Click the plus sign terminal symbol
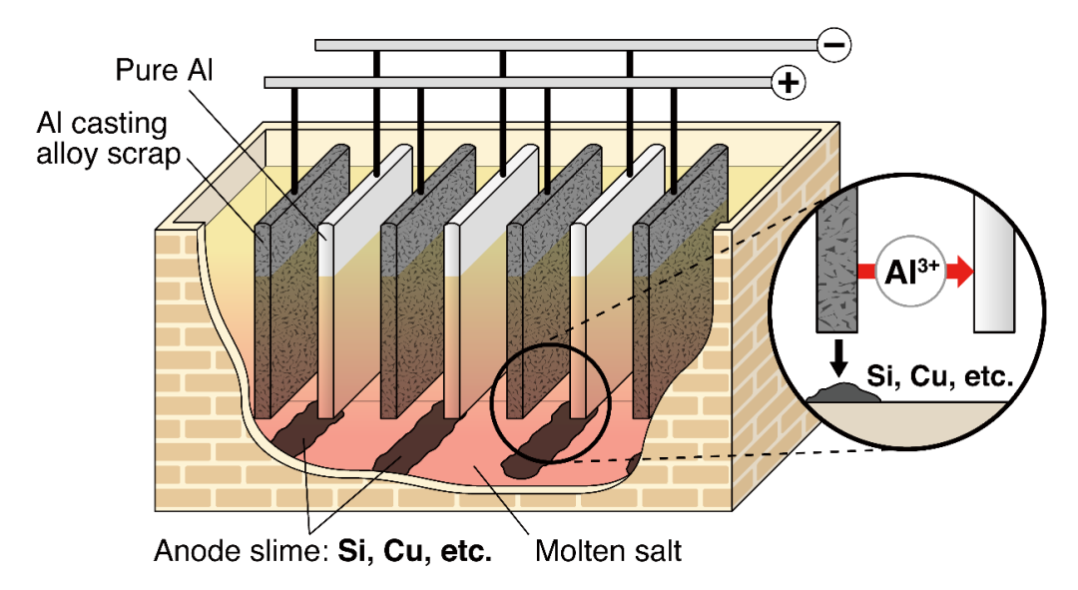[x=790, y=82]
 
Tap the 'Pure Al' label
[x=164, y=70]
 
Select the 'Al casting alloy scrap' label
[x=102, y=140]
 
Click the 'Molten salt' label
[x=609, y=550]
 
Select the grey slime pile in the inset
[x=843, y=394]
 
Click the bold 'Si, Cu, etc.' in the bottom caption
[x=417, y=551]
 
